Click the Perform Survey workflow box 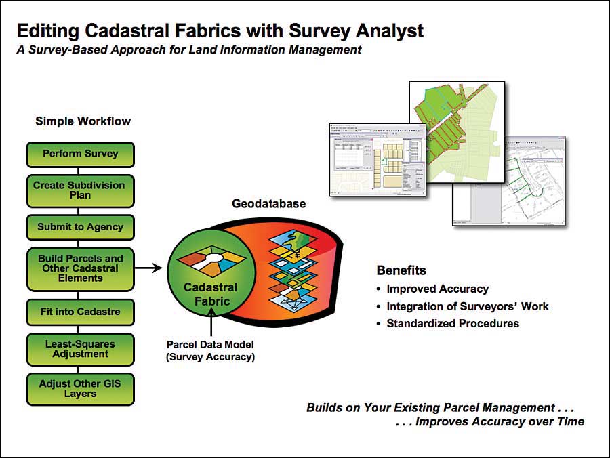point(81,154)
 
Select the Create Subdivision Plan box point(81,190)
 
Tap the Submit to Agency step point(81,227)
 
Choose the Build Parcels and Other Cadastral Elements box point(81,268)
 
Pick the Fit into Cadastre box point(81,312)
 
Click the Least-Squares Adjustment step point(81,348)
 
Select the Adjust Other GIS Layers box point(81,388)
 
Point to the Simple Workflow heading point(83,121)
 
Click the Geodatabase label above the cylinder point(269,203)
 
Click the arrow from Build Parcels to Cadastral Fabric point(150,268)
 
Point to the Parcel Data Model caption point(211,351)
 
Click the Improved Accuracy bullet point(437,289)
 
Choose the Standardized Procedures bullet point(453,324)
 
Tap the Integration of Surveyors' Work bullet point(467,306)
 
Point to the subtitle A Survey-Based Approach point(189,50)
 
